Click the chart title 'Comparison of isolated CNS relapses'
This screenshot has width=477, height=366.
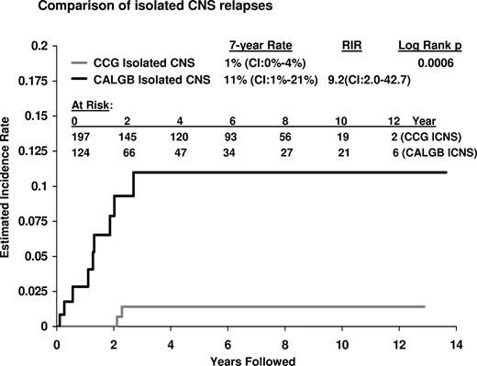[x=128, y=10]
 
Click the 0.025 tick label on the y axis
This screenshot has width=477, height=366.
[x=35, y=291]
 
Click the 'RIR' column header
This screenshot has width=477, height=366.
[x=346, y=44]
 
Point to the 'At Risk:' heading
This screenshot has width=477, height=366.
[x=90, y=105]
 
